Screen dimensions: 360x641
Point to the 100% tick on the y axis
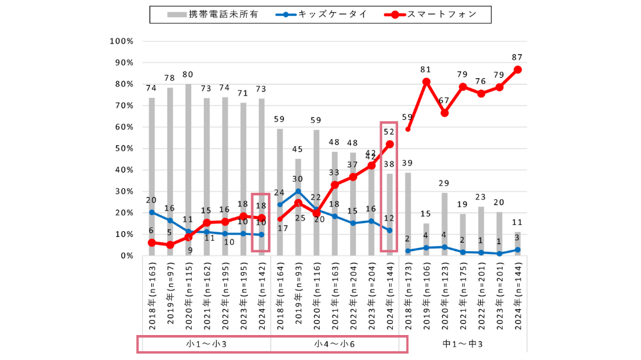tap(122, 41)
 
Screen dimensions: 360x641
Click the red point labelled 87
tap(517, 70)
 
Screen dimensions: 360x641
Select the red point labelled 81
tap(426, 82)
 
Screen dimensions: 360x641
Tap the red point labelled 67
tap(444, 113)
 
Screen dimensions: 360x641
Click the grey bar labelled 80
tap(188, 170)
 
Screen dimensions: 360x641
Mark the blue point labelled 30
tap(298, 191)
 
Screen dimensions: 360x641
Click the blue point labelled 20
tap(152, 212)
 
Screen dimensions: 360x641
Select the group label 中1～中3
tap(463, 344)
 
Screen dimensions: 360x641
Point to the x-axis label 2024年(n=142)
tap(262, 295)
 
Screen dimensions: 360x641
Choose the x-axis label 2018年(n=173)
tap(408, 295)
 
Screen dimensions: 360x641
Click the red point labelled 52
tap(390, 144)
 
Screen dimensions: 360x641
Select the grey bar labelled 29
tap(444, 224)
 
